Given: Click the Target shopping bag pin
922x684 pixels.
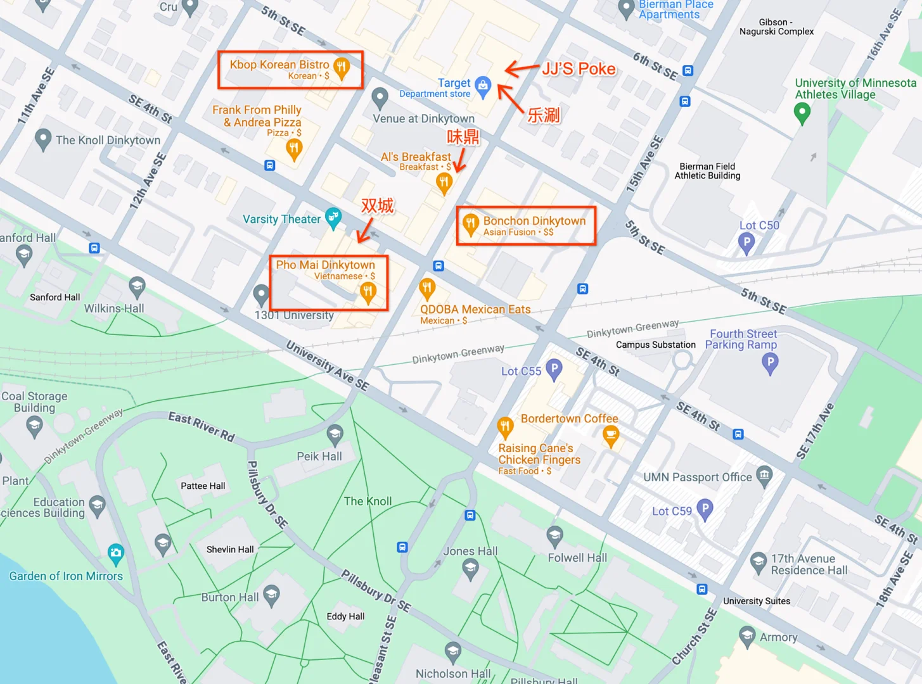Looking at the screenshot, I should (x=483, y=85).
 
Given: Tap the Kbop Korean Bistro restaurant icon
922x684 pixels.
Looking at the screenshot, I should (x=342, y=67).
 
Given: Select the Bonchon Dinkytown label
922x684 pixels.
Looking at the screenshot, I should (x=534, y=221).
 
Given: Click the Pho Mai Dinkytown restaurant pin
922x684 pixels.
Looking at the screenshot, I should (x=368, y=292).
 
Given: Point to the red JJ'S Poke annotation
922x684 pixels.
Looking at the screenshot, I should (x=579, y=69).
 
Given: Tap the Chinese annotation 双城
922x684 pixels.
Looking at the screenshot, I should (x=377, y=206).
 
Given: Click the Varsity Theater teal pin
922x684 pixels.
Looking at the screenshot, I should (x=333, y=217).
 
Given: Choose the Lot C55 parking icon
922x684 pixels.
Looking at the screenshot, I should (x=554, y=369).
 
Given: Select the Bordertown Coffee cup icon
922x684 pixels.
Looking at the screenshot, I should (x=611, y=435).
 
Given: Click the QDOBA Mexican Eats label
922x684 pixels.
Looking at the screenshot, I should (x=475, y=310).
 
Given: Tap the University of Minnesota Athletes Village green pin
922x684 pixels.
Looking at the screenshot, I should (x=802, y=113).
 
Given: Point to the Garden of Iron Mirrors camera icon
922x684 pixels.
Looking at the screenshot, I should (x=115, y=553).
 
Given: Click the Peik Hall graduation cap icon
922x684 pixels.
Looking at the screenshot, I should (x=335, y=434).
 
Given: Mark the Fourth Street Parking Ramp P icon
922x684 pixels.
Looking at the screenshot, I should (x=770, y=363).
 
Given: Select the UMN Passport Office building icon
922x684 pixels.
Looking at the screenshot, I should (x=765, y=475).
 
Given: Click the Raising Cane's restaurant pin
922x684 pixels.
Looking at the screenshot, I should (x=505, y=427).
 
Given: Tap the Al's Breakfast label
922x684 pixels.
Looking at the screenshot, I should (x=416, y=157).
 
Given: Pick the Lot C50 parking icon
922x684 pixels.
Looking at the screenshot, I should (x=746, y=242).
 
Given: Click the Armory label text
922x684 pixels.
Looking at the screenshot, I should (x=778, y=637).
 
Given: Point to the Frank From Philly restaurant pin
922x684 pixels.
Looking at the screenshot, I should (x=294, y=149).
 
